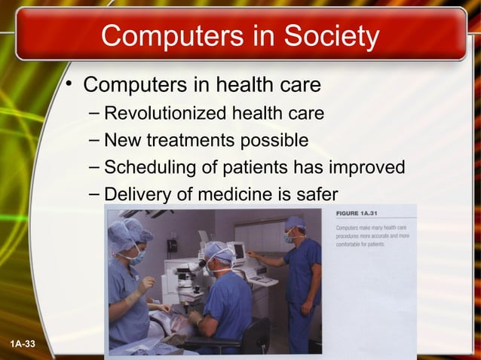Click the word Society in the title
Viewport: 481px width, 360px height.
tap(329, 35)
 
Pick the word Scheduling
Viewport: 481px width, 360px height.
tap(151, 167)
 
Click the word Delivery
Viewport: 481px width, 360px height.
tap(135, 194)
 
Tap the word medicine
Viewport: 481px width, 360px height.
tap(226, 194)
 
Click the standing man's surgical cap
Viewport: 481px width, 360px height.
tap(295, 222)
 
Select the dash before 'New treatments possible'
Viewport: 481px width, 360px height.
tap(92, 140)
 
